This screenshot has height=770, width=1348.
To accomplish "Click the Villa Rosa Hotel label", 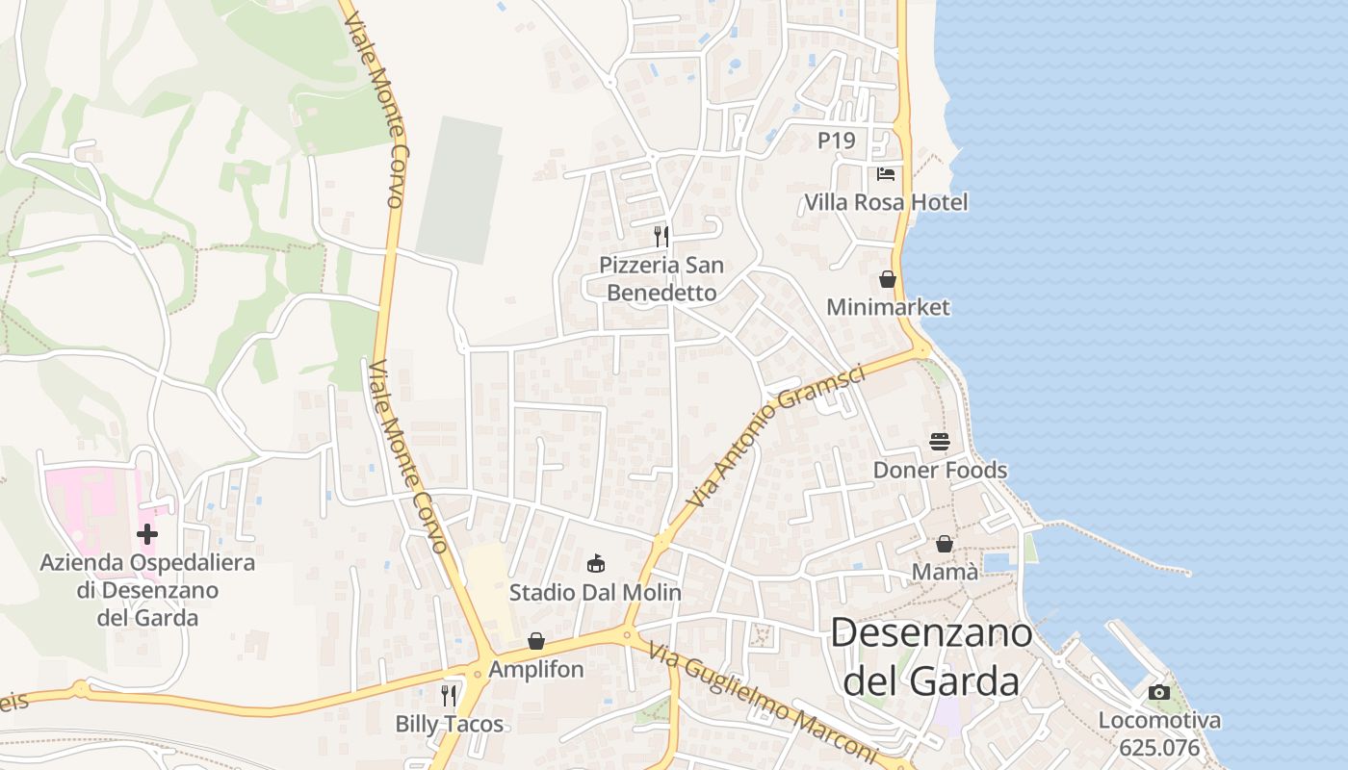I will click(886, 203).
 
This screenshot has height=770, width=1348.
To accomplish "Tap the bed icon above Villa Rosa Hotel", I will click(886, 174).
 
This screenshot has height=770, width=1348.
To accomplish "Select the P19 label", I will click(836, 141).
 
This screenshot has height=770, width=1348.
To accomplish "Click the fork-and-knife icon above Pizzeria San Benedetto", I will click(661, 236).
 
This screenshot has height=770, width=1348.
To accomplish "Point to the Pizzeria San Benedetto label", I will click(661, 278).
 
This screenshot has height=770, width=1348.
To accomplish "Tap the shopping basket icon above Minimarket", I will click(888, 279).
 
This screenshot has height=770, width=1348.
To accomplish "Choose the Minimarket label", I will click(888, 307).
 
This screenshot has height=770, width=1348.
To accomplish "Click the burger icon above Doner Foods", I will click(940, 441).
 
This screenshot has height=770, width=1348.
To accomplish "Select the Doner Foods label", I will click(940, 470).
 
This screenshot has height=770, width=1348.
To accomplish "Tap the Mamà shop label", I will click(945, 573).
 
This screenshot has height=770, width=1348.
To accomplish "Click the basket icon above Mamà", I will click(945, 544).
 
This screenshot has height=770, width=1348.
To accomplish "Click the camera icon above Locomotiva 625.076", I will click(1159, 692).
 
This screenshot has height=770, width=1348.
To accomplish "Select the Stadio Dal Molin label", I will click(595, 592).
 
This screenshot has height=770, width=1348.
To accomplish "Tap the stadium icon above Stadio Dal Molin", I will click(595, 563).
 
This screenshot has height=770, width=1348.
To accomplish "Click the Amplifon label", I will click(536, 669).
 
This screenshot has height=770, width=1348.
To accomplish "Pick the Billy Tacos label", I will click(450, 724).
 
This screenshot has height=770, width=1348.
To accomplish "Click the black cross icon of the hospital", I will click(147, 533).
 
